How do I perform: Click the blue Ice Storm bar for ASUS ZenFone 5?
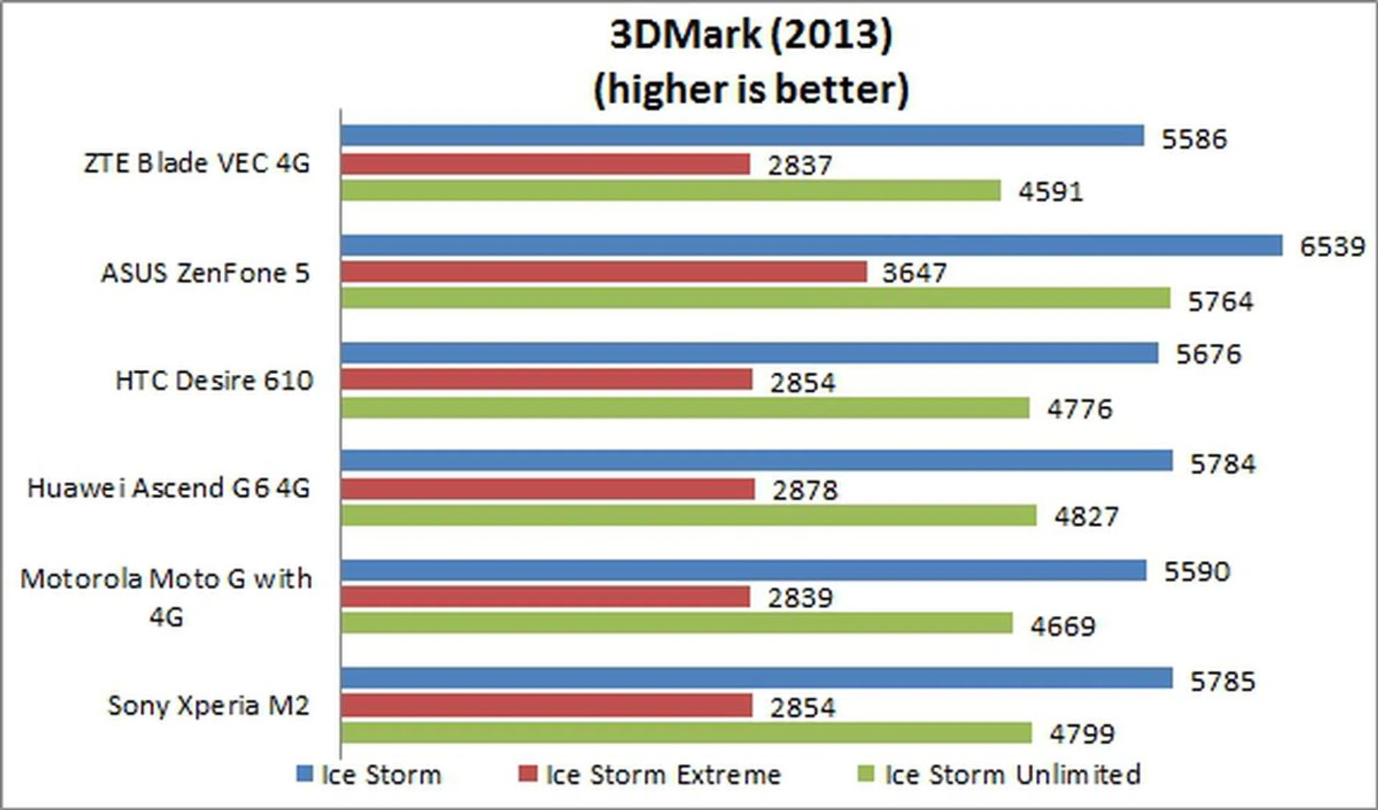[811, 246]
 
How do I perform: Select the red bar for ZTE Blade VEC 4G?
[545, 164]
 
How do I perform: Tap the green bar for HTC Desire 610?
[685, 408]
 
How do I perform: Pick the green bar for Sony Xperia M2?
[687, 733]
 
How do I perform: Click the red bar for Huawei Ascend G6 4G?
[548, 489]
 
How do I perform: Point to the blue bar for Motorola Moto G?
[744, 571]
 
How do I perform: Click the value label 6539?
[1332, 246]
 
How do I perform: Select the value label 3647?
[914, 273]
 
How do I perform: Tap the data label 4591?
[1051, 192]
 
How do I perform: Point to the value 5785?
[1223, 681]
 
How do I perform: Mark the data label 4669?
[1063, 626]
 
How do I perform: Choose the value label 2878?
[805, 490]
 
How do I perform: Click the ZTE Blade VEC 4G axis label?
[197, 164]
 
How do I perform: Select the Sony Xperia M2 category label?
[208, 706]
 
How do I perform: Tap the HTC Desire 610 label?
[214, 381]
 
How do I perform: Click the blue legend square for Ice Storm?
[305, 774]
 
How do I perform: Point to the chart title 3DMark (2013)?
[751, 34]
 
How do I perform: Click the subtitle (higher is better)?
[751, 90]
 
